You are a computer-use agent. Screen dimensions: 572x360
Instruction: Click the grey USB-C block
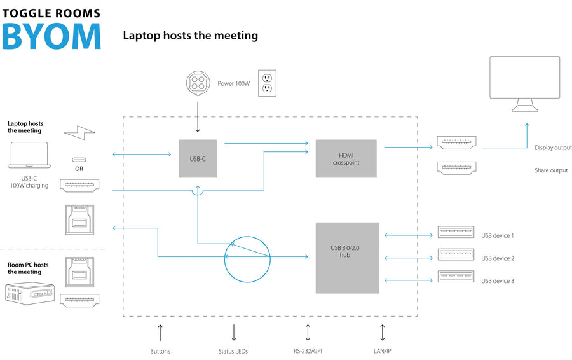point(198,158)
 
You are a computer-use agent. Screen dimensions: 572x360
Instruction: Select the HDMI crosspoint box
point(346,158)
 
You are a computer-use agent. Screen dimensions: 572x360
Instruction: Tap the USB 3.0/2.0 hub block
point(347,258)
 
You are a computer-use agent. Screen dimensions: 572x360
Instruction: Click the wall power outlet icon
point(267,83)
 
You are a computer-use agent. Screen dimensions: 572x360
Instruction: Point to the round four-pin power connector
point(198,83)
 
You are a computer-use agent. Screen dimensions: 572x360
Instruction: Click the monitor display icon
point(524,84)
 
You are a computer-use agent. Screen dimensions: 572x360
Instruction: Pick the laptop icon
point(29,155)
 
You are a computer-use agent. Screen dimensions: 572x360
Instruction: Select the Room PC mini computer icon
point(30,294)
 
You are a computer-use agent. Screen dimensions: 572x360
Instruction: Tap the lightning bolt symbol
point(79,132)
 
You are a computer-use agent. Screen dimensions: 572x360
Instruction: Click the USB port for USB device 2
point(456,254)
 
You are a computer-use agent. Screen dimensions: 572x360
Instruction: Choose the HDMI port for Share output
point(457,167)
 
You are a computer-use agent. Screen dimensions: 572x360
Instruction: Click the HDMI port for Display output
point(457,142)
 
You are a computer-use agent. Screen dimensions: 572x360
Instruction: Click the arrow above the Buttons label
point(160,333)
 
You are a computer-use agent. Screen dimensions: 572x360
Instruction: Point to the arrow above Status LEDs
point(234,333)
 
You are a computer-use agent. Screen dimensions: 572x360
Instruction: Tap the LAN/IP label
point(383,351)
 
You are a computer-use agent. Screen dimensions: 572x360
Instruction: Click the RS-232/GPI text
point(308,351)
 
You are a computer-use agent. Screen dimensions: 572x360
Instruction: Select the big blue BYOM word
point(51,36)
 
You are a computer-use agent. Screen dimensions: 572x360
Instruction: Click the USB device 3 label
point(498,280)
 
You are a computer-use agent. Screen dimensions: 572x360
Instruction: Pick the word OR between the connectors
point(79,169)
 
